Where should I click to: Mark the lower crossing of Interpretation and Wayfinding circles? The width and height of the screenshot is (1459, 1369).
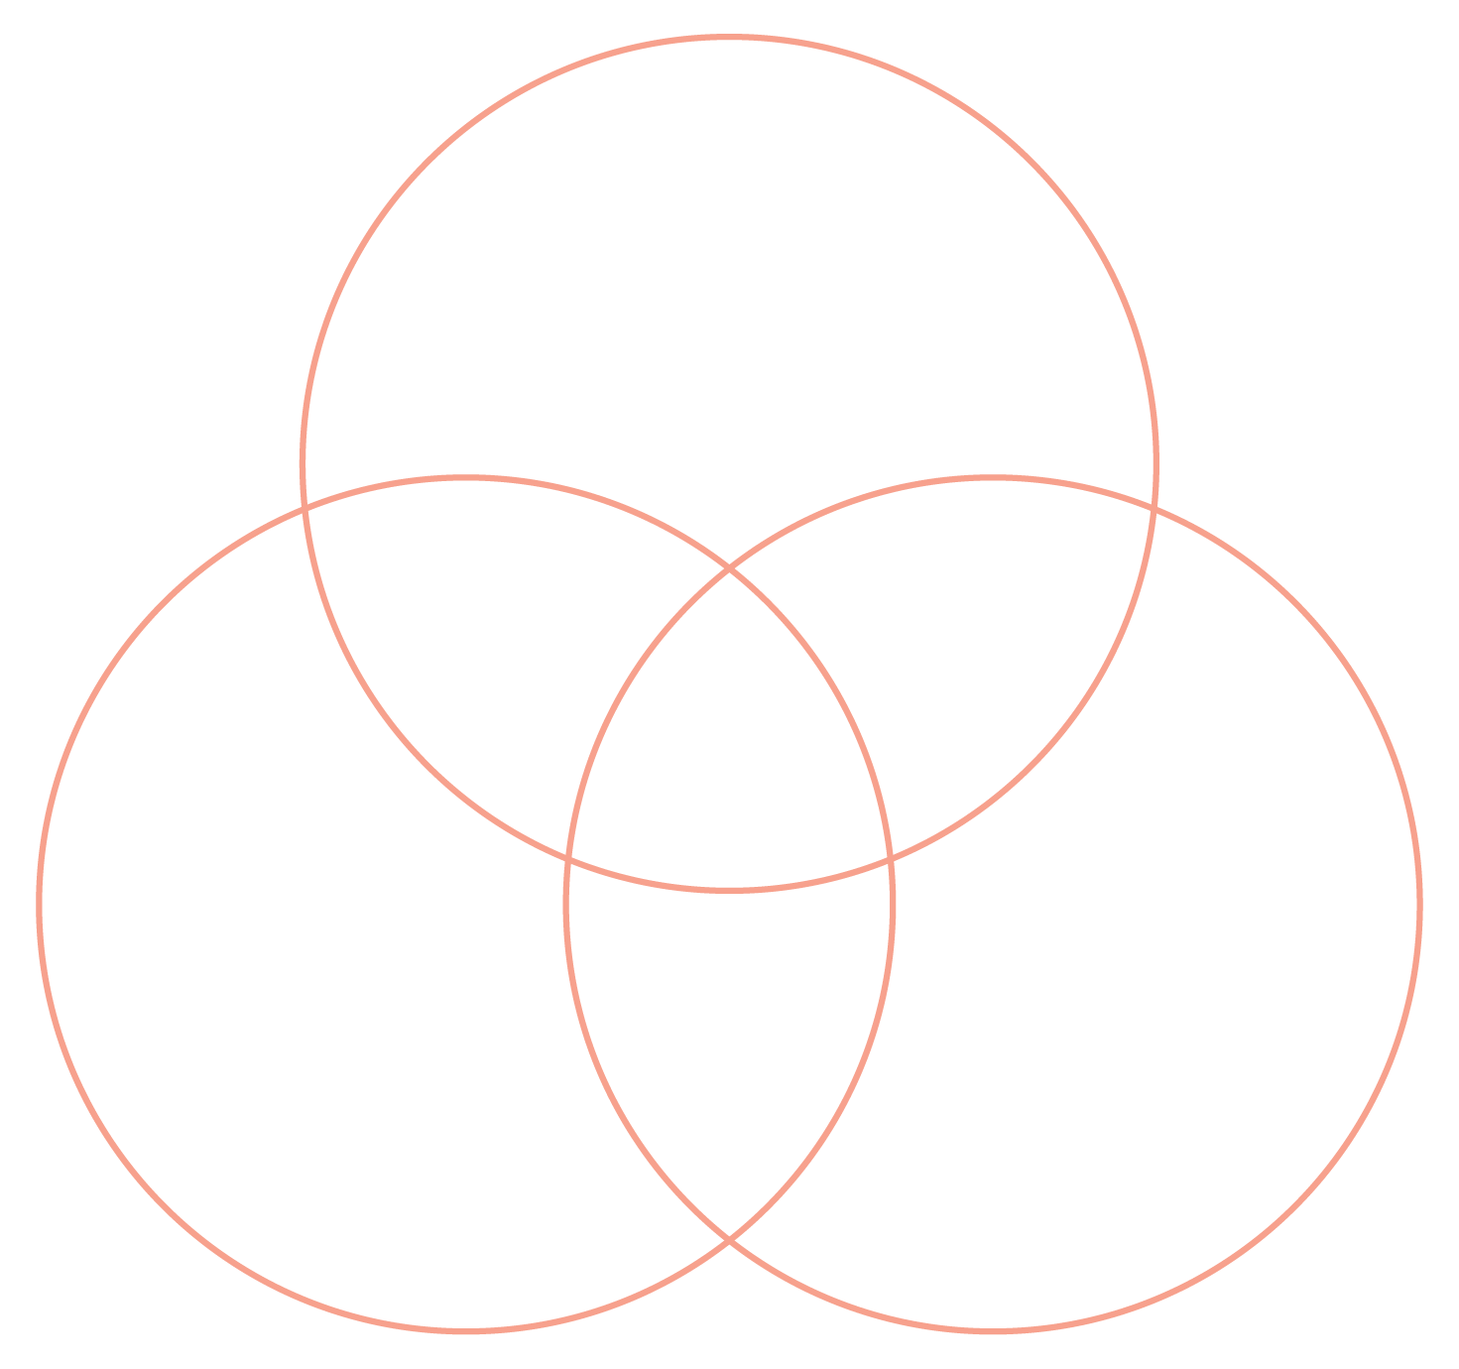[730, 1239]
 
